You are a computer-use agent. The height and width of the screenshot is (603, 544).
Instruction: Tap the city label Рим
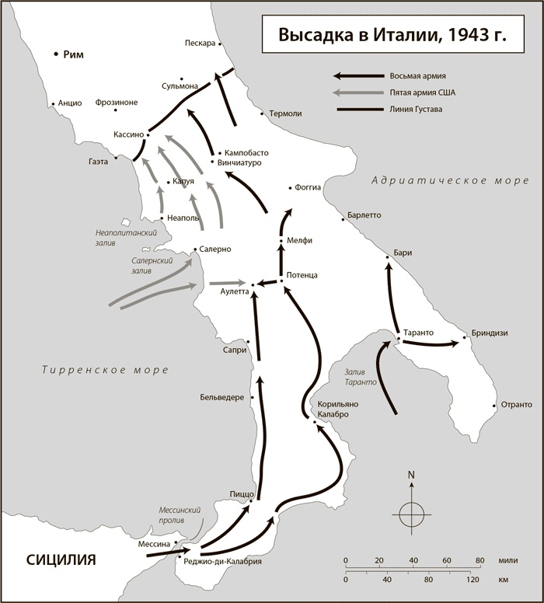click(x=74, y=54)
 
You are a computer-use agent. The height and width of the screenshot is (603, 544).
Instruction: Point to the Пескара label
click(x=201, y=43)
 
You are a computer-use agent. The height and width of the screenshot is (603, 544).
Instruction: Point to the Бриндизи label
click(x=490, y=333)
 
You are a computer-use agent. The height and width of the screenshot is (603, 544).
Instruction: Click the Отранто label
click(x=517, y=405)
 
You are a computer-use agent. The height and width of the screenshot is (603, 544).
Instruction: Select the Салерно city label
click(x=215, y=249)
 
